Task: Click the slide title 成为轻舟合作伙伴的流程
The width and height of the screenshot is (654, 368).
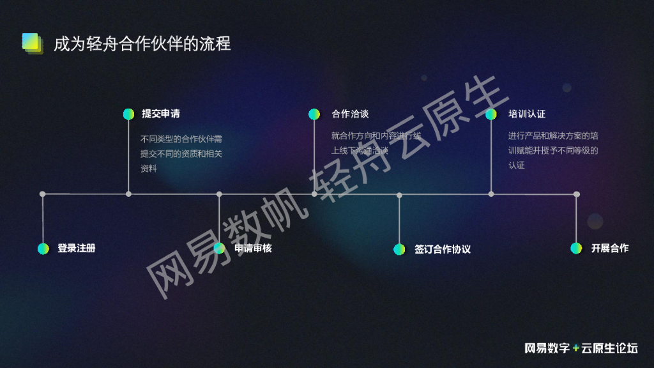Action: coord(142,43)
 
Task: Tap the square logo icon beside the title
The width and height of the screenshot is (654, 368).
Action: coord(31,42)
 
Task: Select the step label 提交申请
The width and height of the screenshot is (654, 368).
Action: coord(160,114)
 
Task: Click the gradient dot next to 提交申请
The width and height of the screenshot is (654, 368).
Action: coord(128,114)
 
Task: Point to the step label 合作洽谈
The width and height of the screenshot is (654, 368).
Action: coord(350,114)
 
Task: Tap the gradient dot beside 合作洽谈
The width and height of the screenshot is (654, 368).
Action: coord(314,114)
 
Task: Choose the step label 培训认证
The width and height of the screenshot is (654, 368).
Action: coord(527,114)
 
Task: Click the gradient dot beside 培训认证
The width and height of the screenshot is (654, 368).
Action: coord(490,114)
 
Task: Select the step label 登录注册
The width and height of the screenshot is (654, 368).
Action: coord(76,248)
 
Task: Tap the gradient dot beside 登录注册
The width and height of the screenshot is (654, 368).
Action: coord(43,249)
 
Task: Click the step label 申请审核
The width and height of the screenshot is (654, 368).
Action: coord(253,248)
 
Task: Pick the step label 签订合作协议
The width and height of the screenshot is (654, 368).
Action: coord(442,249)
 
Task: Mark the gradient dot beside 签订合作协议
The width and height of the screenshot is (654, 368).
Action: coord(399,249)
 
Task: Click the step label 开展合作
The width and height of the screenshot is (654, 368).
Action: coord(609,248)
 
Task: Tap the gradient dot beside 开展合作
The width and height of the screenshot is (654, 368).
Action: coord(576,248)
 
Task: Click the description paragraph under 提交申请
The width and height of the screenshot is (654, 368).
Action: coord(181,153)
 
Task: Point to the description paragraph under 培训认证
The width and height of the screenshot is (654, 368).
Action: coord(553,150)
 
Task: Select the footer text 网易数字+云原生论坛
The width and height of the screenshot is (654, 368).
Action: coord(581,348)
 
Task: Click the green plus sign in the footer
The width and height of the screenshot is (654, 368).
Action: coord(576,348)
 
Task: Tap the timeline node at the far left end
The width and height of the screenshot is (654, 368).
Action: coord(43,194)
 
